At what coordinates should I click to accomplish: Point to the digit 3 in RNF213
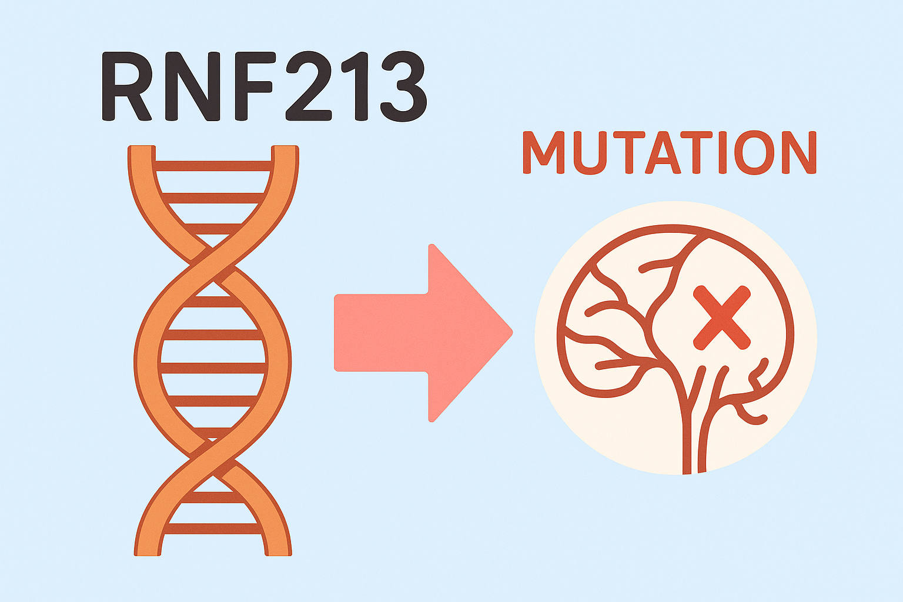coord(402,86)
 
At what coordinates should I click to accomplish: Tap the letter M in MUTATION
coord(543,153)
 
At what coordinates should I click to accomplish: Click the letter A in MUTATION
coord(663,153)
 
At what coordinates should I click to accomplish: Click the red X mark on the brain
coord(721,317)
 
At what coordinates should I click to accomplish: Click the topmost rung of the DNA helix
coord(213,166)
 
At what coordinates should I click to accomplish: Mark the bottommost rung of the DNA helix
coord(213,528)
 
